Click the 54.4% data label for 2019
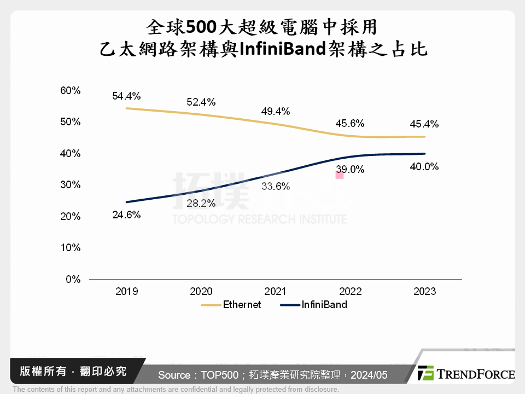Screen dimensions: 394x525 pyautogui.click(x=126, y=96)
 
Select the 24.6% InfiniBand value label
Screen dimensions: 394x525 pyautogui.click(x=126, y=215)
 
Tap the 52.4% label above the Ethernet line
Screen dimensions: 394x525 pyautogui.click(x=201, y=102)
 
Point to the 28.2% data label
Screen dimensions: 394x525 pyautogui.click(x=201, y=203)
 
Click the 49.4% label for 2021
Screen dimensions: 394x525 pyautogui.click(x=275, y=112)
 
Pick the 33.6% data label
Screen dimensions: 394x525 pyautogui.click(x=275, y=186)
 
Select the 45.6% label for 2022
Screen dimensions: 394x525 pyautogui.click(x=349, y=124)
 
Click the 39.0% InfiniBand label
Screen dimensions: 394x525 pyautogui.click(x=350, y=170)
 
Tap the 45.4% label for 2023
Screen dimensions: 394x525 pyautogui.click(x=424, y=124)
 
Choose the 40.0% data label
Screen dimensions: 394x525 pyautogui.click(x=424, y=166)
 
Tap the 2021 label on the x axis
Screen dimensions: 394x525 pyautogui.click(x=275, y=291)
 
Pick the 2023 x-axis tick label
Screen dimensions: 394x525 pyautogui.click(x=424, y=291)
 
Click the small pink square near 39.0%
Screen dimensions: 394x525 pyautogui.click(x=339, y=175)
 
